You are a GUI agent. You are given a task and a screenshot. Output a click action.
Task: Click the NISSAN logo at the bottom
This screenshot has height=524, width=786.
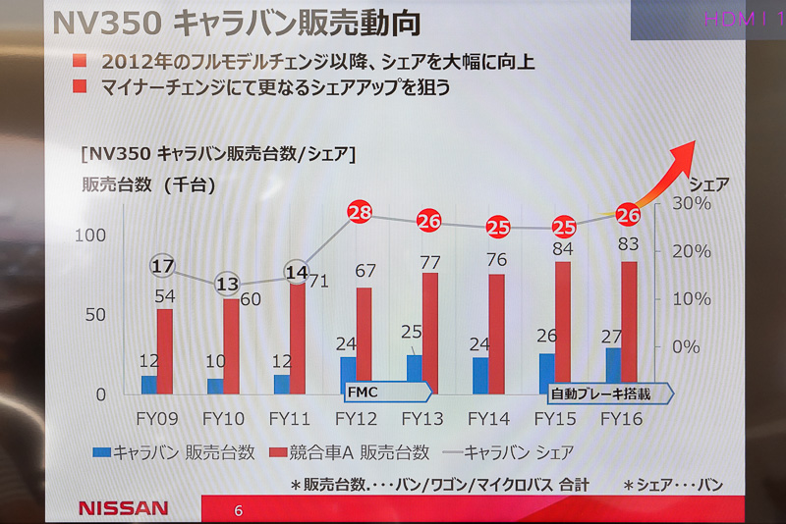(x=123, y=508)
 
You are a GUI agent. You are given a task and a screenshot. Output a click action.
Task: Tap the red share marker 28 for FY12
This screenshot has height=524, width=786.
(x=361, y=213)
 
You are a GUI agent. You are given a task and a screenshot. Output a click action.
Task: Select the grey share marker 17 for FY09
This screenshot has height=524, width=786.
(x=163, y=266)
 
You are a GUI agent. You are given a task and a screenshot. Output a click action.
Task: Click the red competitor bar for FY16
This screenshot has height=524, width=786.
(x=629, y=327)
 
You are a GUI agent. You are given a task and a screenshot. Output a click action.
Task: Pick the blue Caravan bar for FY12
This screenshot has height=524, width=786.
(x=348, y=375)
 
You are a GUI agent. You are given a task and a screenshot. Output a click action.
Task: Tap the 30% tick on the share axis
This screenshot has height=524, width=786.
(x=692, y=203)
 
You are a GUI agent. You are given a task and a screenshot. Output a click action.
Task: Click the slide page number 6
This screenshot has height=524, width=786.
(x=238, y=510)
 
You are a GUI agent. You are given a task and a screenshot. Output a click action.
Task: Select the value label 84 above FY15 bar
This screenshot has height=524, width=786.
(x=562, y=249)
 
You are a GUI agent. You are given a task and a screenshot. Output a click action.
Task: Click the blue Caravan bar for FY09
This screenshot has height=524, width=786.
(x=148, y=385)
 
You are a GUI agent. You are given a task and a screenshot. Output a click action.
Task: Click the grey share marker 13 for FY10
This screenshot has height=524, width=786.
(x=227, y=284)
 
